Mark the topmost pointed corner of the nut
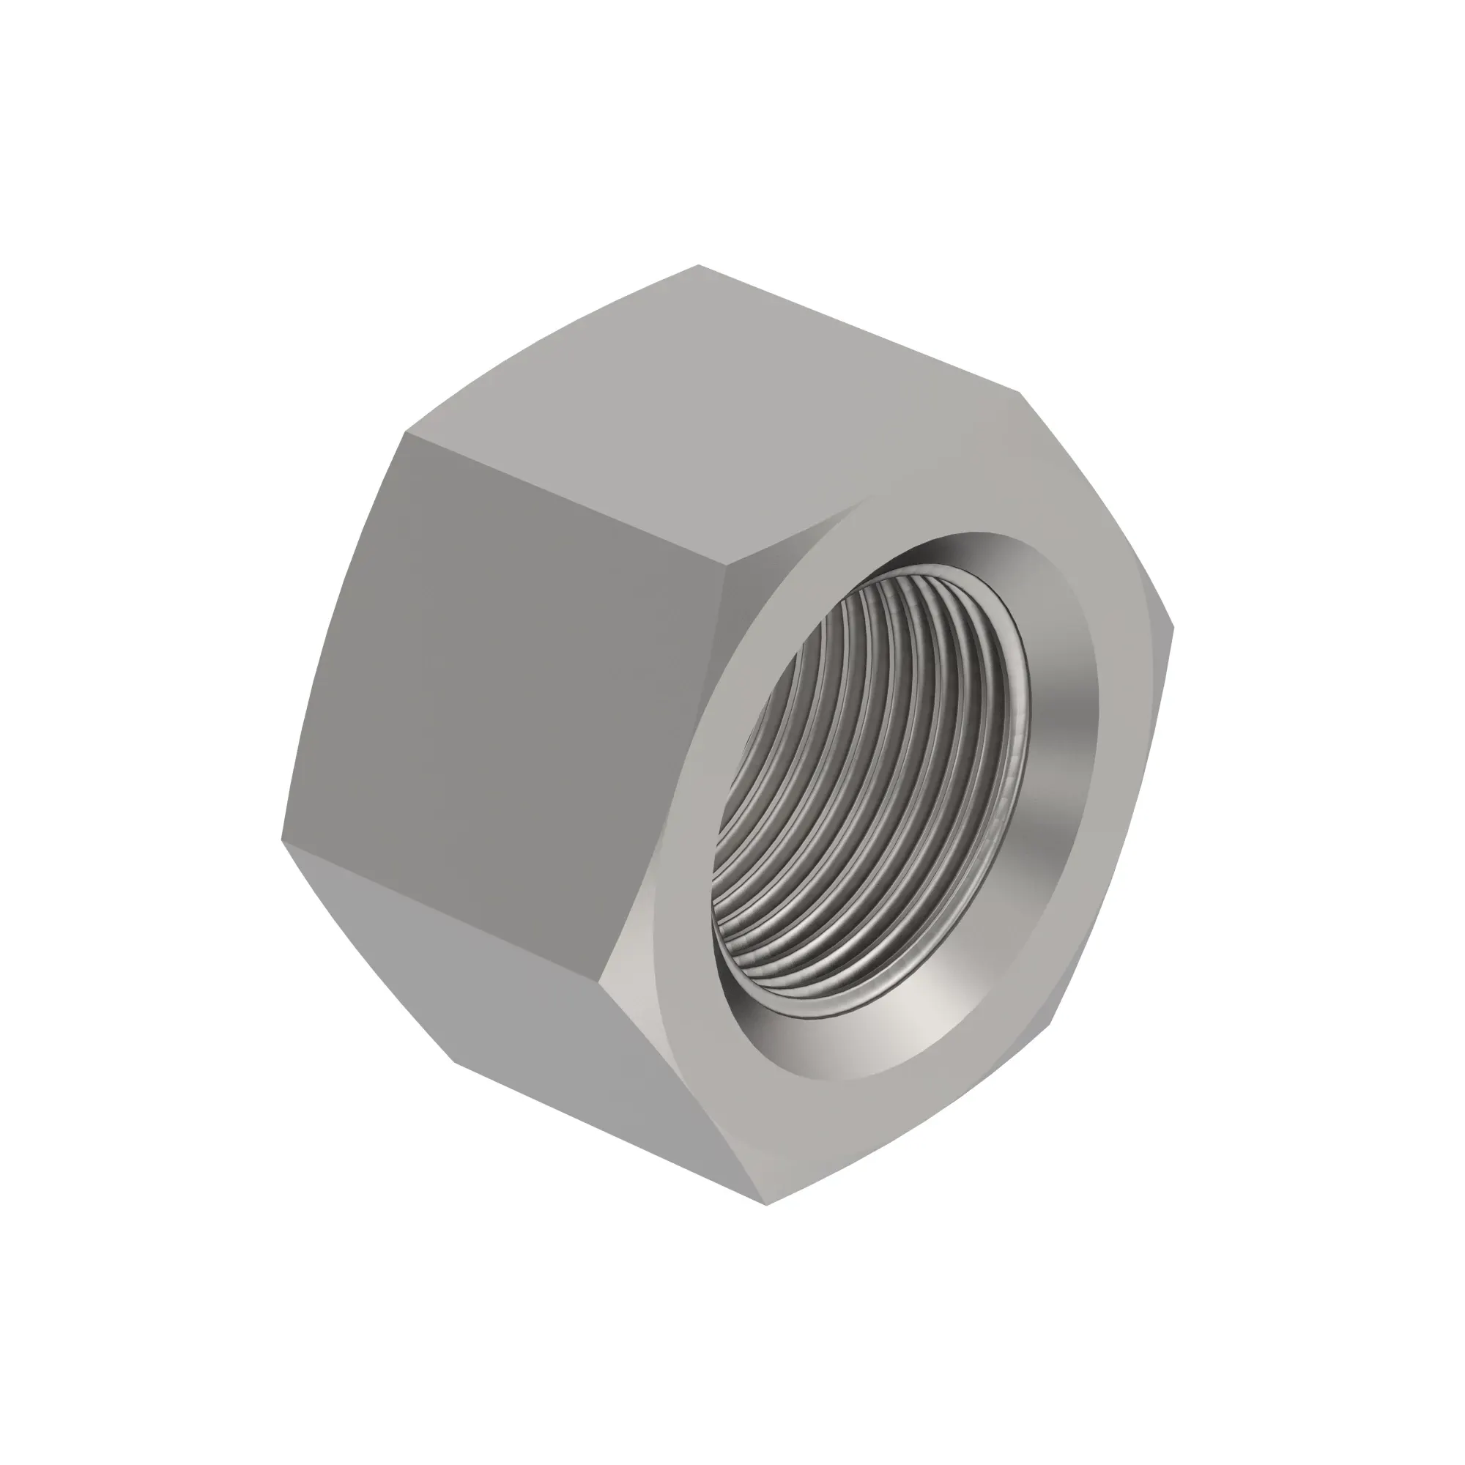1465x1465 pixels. (698, 265)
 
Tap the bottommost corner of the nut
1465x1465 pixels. (766, 1204)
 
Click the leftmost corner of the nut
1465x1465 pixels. (282, 840)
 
